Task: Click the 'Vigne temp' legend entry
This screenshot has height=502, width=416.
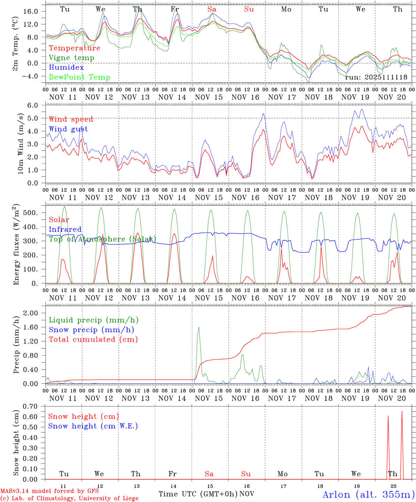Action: (71, 58)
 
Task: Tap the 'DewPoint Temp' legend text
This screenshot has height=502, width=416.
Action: (79, 77)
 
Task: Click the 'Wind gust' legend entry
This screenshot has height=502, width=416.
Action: (68, 129)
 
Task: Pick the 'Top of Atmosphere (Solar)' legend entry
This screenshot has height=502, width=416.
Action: (102, 239)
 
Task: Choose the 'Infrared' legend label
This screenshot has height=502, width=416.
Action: (65, 229)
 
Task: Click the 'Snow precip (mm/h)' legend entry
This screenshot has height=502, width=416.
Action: (91, 330)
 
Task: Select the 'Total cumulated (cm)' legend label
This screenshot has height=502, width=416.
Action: (93, 340)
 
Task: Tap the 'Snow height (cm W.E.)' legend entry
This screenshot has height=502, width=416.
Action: (93, 426)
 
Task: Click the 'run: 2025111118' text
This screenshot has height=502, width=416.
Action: (376, 77)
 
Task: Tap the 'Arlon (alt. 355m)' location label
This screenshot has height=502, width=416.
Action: (369, 494)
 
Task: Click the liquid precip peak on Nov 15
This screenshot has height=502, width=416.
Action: (199, 327)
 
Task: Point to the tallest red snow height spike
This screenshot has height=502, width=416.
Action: (402, 412)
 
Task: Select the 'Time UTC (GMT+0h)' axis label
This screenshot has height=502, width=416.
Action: (198, 494)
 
